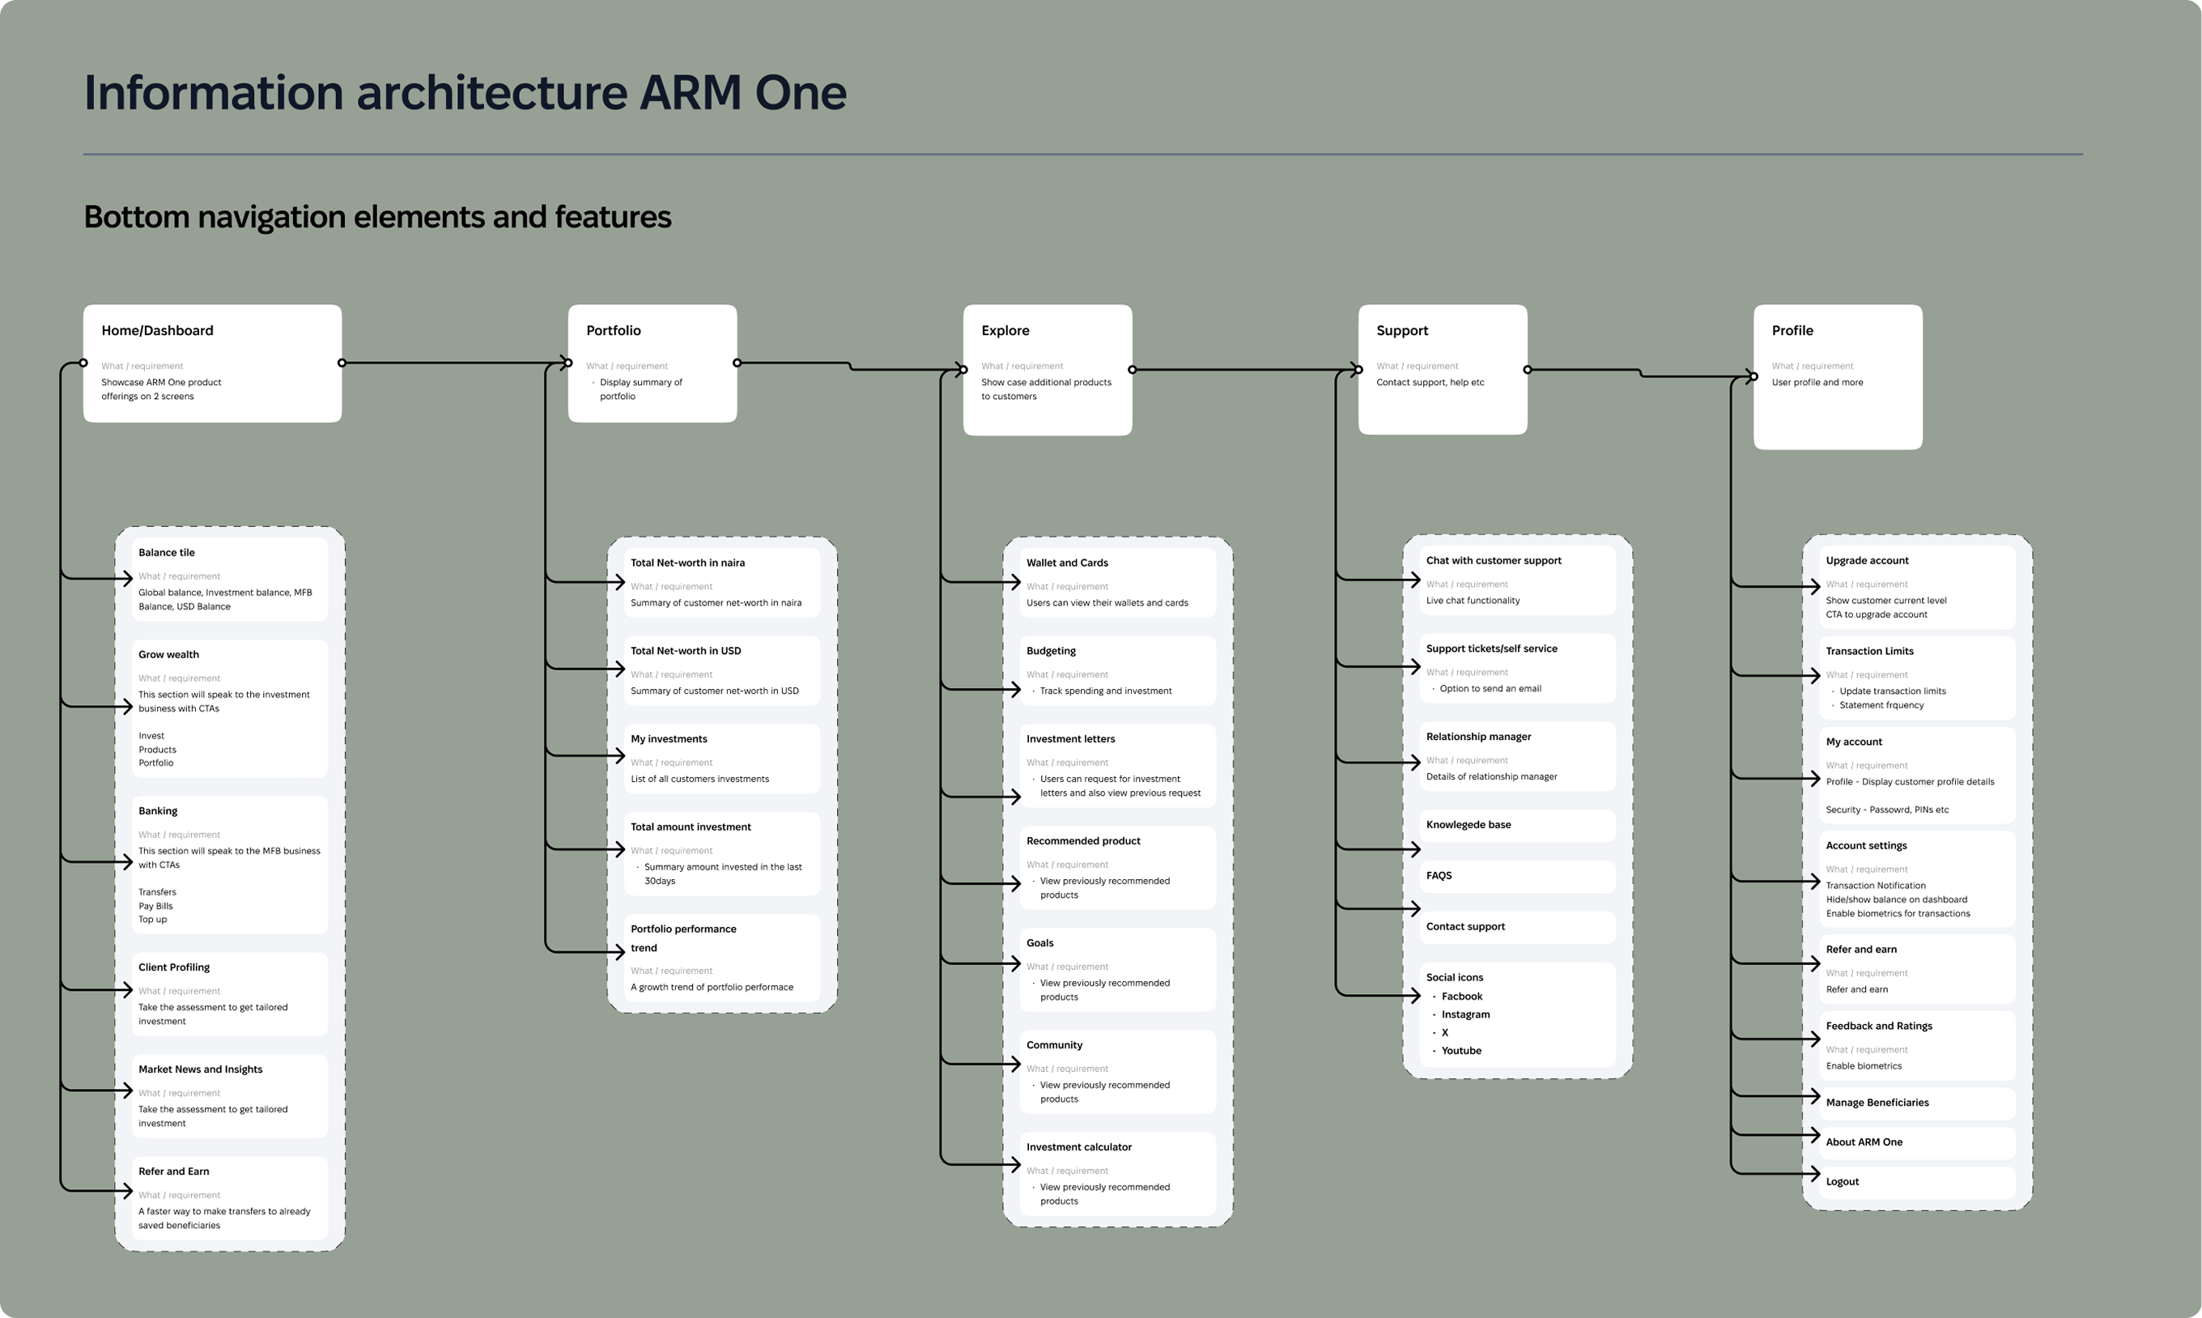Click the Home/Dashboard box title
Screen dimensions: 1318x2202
click(157, 330)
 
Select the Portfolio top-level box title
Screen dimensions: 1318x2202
click(613, 330)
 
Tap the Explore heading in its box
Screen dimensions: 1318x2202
click(1005, 330)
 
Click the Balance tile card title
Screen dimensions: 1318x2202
click(166, 552)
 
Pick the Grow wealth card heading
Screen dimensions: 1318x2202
click(168, 655)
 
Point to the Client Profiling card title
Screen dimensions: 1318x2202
click(174, 967)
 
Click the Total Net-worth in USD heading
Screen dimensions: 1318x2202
click(686, 651)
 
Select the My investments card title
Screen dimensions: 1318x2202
click(669, 739)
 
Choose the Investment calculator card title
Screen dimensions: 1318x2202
click(1079, 1147)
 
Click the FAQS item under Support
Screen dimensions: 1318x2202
click(1439, 876)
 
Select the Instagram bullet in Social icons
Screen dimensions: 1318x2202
click(1465, 1014)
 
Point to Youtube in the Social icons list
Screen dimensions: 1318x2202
click(1460, 1051)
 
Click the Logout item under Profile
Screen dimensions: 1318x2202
click(1842, 1182)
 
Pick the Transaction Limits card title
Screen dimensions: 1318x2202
click(1869, 651)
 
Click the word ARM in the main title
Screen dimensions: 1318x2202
click(690, 92)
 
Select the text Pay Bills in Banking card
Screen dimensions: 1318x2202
click(155, 906)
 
